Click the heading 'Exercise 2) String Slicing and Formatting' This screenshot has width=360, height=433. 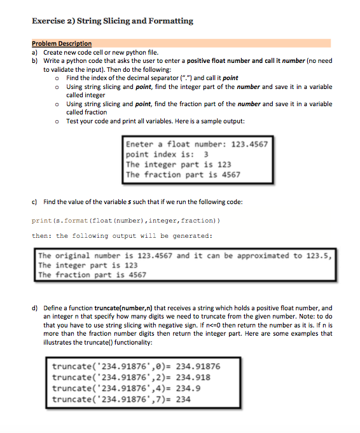tap(112, 21)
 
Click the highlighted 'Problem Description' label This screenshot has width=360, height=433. tap(62, 44)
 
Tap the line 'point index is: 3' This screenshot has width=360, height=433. tap(167, 155)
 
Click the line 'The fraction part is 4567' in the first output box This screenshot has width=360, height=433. tap(183, 174)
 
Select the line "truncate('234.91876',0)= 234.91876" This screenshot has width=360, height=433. tap(136, 366)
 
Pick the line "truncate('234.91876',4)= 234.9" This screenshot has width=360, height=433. tap(126, 388)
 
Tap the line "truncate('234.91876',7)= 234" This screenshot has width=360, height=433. tap(121, 399)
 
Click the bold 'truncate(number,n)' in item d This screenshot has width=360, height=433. tap(120, 307)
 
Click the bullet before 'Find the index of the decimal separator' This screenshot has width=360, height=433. tap(58, 78)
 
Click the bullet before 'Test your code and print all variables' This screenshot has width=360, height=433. tap(58, 121)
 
